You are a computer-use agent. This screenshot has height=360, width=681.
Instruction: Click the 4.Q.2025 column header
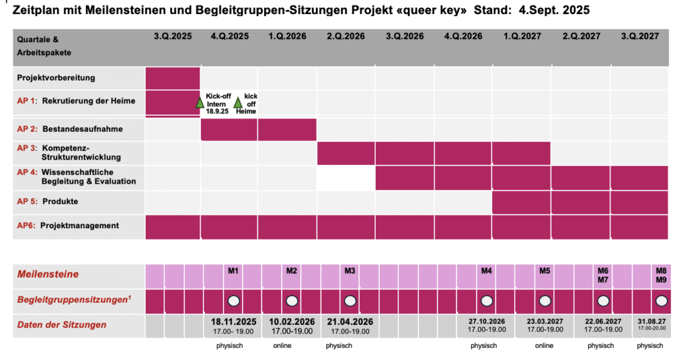[x=229, y=37]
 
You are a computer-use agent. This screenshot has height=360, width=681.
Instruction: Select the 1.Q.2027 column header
[x=521, y=37]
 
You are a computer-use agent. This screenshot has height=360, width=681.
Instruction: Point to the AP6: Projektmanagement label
[x=68, y=226]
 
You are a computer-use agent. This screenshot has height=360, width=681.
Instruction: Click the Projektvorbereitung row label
[x=56, y=78]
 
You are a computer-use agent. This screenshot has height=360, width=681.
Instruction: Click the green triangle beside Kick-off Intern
[x=200, y=103]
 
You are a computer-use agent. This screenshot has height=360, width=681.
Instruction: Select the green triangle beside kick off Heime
[x=237, y=103]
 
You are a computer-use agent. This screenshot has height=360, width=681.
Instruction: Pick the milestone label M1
[x=233, y=271]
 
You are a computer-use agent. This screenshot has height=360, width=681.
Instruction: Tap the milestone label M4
[x=486, y=271]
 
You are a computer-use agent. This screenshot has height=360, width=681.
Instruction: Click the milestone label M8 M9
[x=661, y=275]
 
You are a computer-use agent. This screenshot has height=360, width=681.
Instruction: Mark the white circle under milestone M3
[x=350, y=301]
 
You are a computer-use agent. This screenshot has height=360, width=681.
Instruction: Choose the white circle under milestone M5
[x=545, y=301]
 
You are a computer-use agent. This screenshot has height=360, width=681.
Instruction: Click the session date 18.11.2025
[x=233, y=321]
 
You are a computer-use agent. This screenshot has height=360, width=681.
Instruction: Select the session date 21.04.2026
[x=350, y=321]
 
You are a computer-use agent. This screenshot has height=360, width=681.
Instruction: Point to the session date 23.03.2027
[x=545, y=321]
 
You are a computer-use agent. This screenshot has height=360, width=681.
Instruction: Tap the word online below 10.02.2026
[x=282, y=346]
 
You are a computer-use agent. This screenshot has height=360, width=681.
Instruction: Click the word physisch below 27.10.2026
[x=483, y=346]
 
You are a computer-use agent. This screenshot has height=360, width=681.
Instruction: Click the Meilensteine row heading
[x=48, y=274]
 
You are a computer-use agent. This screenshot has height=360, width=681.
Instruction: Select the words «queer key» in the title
[x=431, y=11]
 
